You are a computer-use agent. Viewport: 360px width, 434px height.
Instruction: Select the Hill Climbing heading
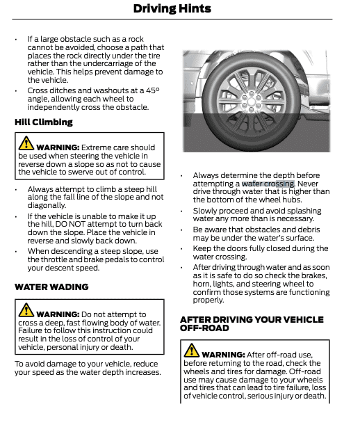coord(43,122)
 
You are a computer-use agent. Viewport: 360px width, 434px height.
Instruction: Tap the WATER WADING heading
coord(51,287)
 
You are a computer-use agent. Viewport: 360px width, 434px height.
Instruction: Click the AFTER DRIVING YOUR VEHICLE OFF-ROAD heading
coord(251,323)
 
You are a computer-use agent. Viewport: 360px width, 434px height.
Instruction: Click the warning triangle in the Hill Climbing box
coord(26,144)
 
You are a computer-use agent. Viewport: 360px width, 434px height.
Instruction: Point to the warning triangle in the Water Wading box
coord(26,311)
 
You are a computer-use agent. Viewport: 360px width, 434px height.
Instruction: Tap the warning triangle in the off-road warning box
coord(191,351)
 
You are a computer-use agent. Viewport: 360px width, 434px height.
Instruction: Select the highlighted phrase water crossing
coord(268,184)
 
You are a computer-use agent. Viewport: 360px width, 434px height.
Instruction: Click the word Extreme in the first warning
coord(97,147)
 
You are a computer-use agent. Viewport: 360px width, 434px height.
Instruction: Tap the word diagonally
coord(47,205)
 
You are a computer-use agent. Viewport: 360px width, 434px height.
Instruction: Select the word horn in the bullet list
coord(203,284)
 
